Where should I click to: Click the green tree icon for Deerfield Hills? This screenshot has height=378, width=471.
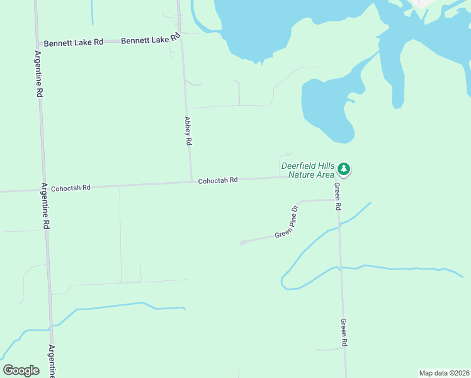point(343,168)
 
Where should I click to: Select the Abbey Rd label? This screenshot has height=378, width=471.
point(188,131)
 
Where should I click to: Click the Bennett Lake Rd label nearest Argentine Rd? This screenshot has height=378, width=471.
point(73,43)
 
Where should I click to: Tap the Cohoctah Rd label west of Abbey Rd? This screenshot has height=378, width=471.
point(71,188)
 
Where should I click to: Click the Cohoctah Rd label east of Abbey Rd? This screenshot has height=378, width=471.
point(217,180)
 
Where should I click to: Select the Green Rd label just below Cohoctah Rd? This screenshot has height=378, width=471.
point(338,196)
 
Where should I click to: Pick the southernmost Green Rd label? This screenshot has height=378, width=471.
point(344,332)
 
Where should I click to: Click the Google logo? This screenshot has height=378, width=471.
point(21,370)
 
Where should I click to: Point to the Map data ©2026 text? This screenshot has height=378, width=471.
point(443,373)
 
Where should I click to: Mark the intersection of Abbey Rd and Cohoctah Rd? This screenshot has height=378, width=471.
point(191,181)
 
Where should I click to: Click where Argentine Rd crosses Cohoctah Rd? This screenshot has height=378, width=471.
point(43,189)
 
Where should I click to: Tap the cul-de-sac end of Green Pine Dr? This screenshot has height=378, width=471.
point(242,243)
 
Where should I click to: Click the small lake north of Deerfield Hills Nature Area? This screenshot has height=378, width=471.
point(324,107)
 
